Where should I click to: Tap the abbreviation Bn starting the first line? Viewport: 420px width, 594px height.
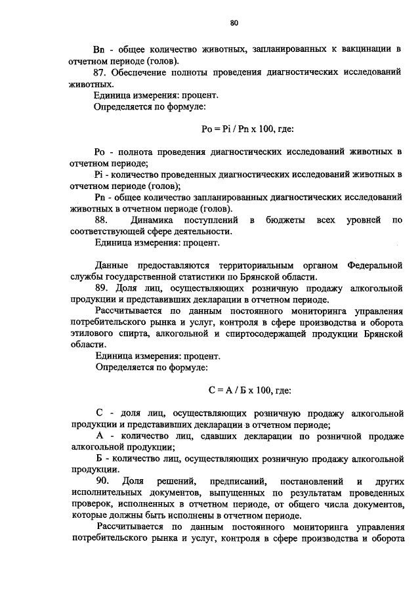[x=100, y=49]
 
